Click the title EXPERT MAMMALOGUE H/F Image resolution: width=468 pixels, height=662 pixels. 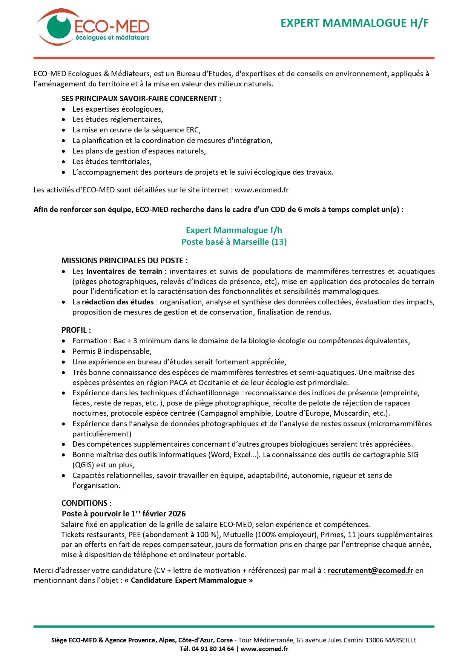point(354,23)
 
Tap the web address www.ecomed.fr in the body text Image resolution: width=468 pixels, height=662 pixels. point(261,190)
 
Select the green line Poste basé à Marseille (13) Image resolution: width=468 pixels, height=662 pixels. point(234,242)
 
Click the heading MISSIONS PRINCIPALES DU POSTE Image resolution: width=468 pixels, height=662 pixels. point(124,261)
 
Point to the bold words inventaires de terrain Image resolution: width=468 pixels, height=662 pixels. point(124,271)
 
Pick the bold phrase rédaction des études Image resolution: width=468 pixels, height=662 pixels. point(118,302)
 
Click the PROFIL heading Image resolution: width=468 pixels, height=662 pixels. point(75,330)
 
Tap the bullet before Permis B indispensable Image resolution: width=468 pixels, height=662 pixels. point(64,352)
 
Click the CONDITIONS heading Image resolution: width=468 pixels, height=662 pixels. point(86,503)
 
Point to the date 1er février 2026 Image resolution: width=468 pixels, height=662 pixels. point(158,514)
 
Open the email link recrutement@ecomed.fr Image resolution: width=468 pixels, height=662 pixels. point(370,570)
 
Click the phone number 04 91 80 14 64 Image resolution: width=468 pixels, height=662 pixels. point(213,649)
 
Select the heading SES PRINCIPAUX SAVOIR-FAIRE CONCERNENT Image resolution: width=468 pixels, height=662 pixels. point(141,99)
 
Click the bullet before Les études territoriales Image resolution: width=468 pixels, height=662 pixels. point(64,162)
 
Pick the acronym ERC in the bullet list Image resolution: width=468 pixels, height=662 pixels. point(192,130)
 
